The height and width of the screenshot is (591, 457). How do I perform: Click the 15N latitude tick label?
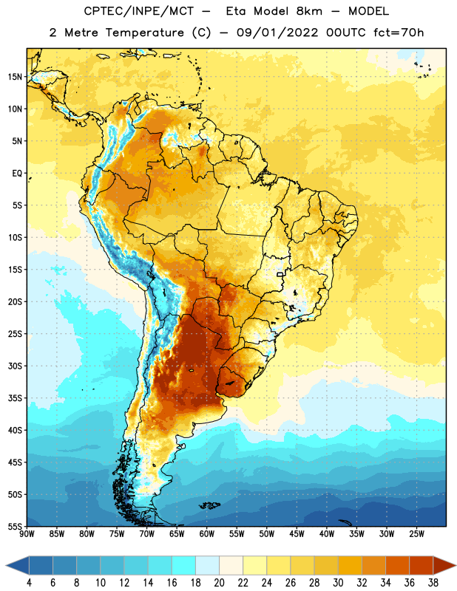15,77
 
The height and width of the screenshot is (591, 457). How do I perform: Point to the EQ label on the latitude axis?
17,174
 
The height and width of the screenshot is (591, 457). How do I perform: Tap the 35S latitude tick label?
15,398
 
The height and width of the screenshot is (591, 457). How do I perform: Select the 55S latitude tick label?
15,526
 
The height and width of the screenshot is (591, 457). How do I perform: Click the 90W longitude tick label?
27,534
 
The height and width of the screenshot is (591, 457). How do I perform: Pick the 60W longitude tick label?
207,534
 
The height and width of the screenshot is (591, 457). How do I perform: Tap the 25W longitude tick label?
416,534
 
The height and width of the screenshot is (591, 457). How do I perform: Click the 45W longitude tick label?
297,534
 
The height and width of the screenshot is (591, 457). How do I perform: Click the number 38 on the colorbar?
433,583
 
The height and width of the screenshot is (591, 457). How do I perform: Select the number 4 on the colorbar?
29,583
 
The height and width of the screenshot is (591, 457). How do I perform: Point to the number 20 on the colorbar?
219,583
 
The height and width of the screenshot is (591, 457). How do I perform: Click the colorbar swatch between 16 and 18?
184,565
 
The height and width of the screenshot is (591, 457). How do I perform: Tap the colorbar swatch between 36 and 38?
422,565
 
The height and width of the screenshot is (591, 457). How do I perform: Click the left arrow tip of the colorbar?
6,565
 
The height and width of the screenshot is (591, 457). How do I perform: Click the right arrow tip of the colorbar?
456,565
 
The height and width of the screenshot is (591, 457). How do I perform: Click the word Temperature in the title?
144,33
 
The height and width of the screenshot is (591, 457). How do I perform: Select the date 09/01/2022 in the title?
277,33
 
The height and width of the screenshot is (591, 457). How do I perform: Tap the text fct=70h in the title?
399,33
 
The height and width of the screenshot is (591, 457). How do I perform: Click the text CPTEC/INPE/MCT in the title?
139,11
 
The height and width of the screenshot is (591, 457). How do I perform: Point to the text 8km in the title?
309,11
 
